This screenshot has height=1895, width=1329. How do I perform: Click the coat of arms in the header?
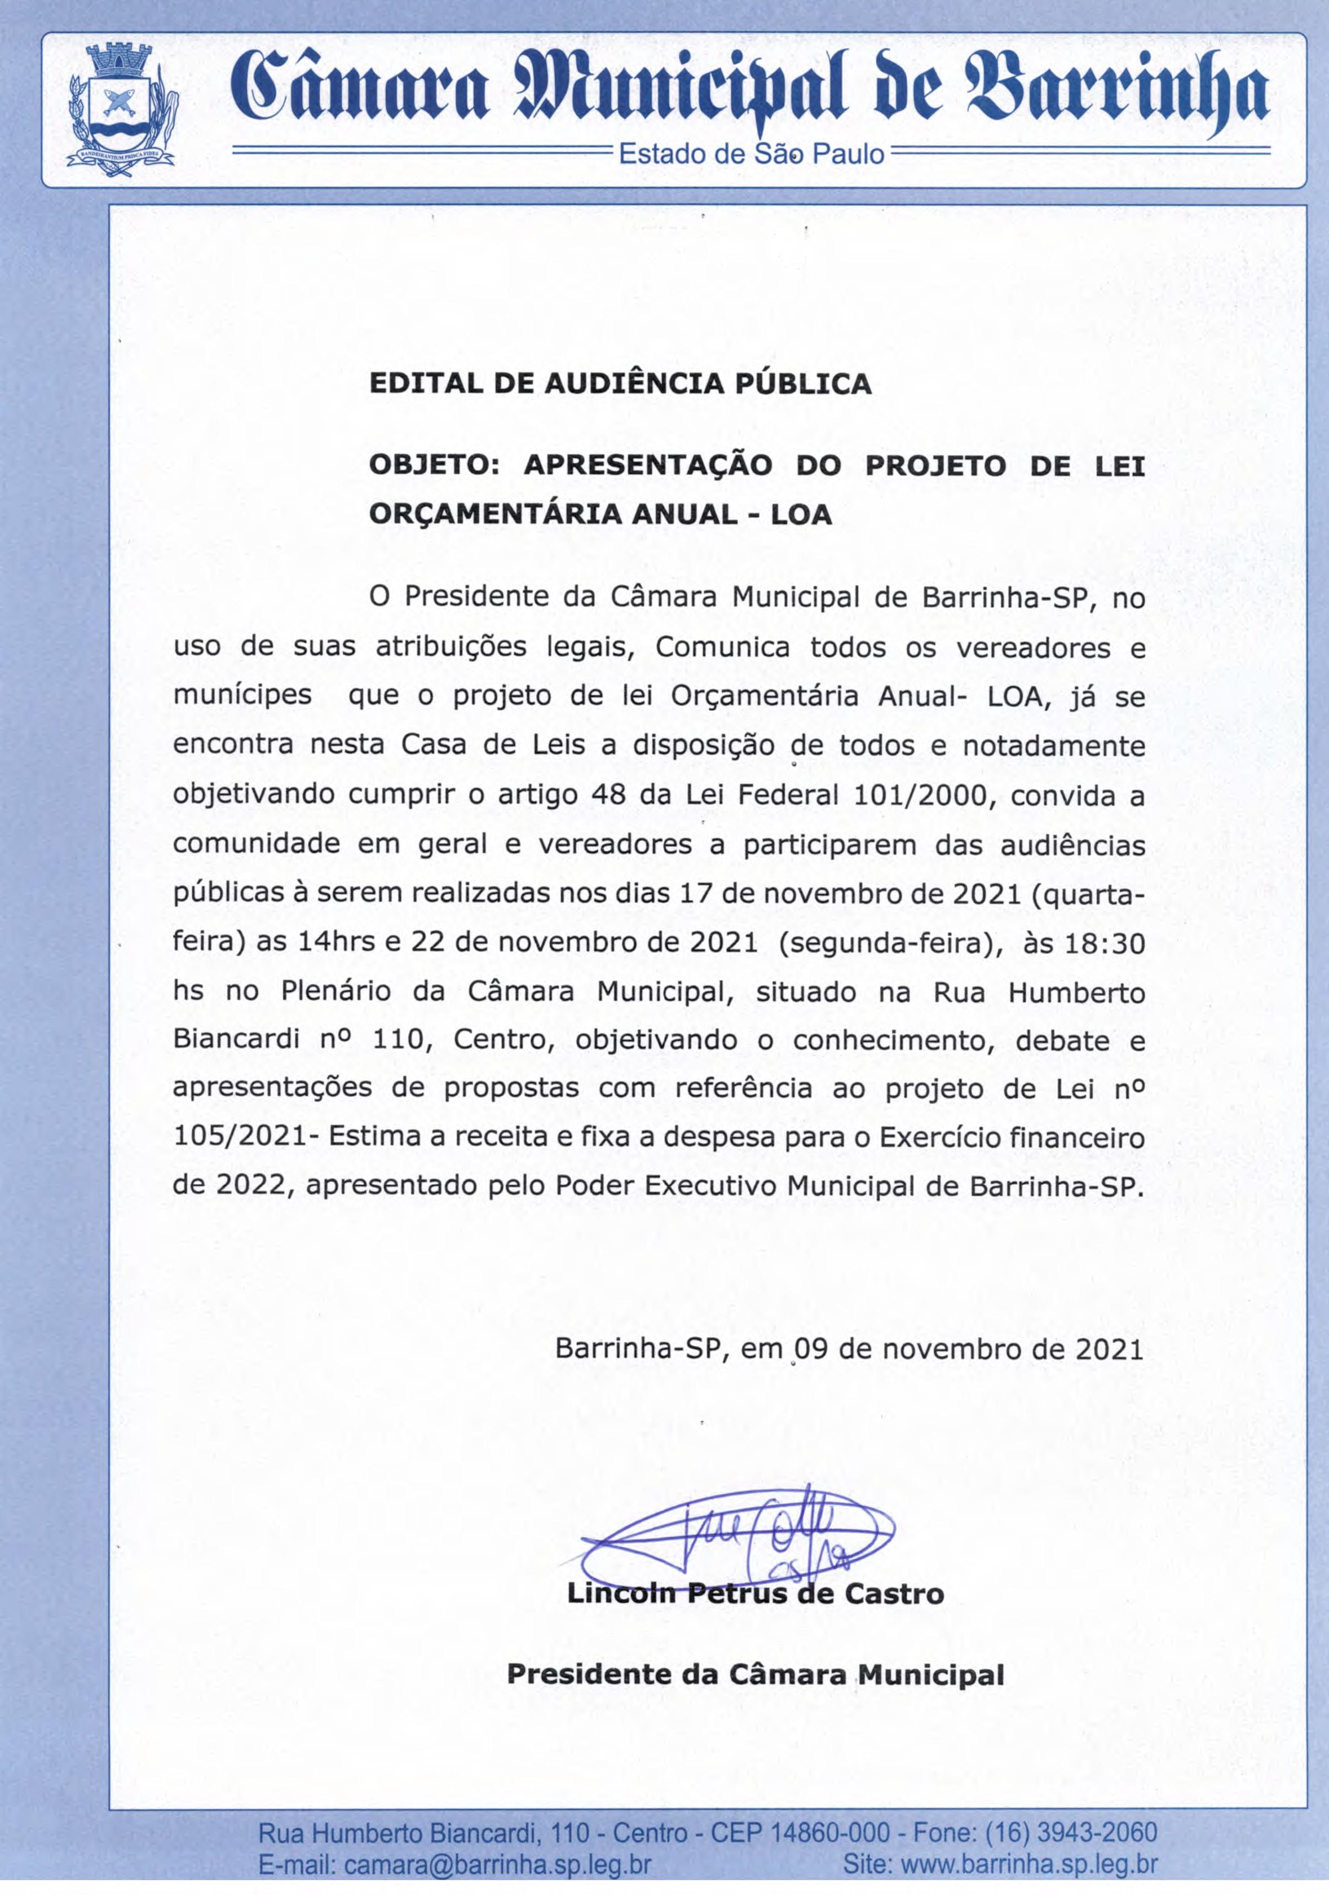click(120, 107)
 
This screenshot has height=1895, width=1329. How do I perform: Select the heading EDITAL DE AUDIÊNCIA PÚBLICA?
click(620, 384)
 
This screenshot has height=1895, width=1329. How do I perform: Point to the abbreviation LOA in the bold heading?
click(801, 515)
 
